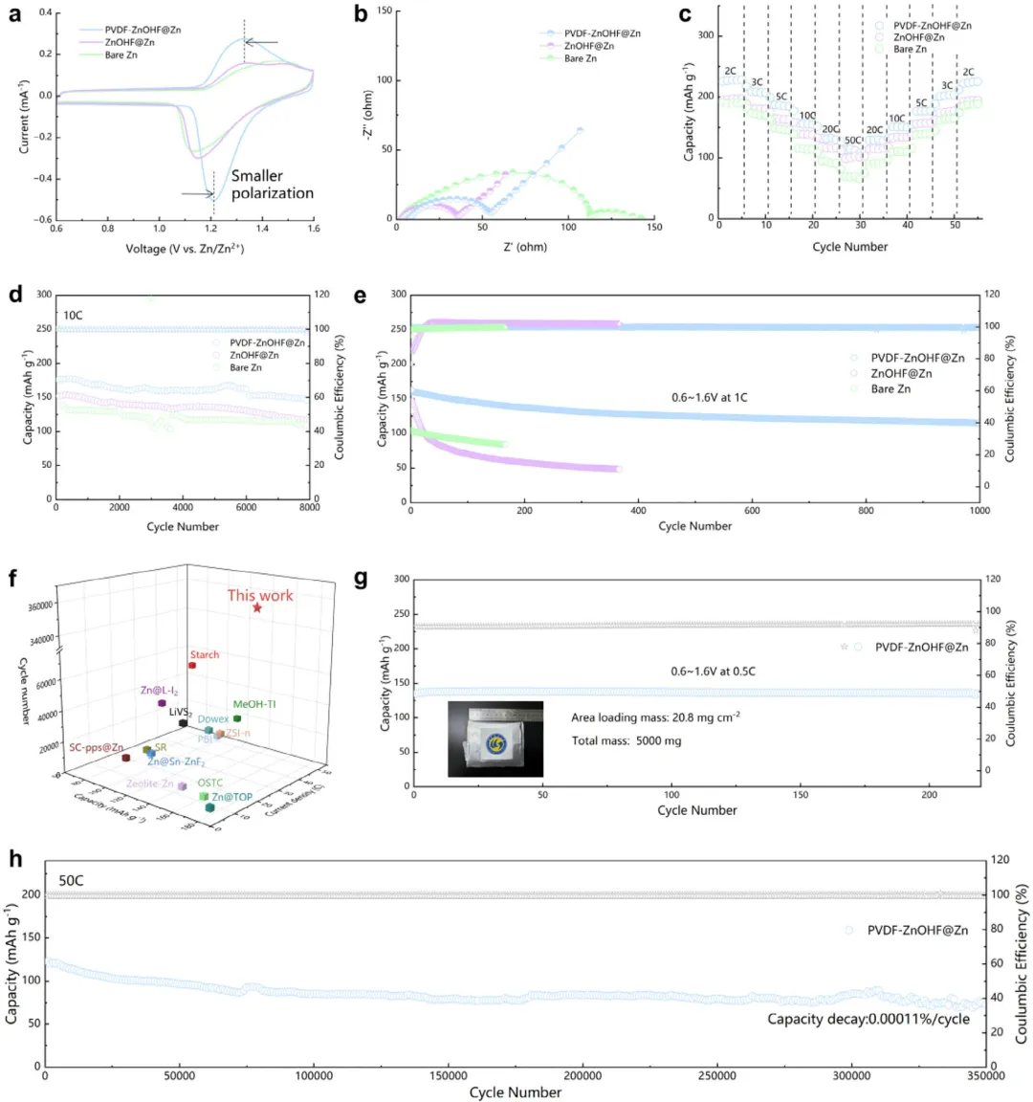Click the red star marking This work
click(x=257, y=607)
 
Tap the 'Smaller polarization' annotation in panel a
click(x=272, y=185)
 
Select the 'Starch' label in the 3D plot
click(x=204, y=654)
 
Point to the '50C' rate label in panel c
click(x=851, y=141)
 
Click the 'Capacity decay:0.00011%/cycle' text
click(x=868, y=1019)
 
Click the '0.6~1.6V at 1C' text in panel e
click(x=708, y=397)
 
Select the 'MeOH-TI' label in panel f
click(x=254, y=704)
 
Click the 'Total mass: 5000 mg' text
click(x=626, y=740)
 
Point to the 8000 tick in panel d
click(x=309, y=508)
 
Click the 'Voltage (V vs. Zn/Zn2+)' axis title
click(x=184, y=249)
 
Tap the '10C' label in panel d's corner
click(x=74, y=314)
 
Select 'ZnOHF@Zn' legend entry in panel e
click(x=901, y=373)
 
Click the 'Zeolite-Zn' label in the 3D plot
click(x=150, y=783)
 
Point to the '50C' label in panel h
click(x=71, y=880)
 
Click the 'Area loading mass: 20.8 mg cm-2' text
click(x=655, y=716)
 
